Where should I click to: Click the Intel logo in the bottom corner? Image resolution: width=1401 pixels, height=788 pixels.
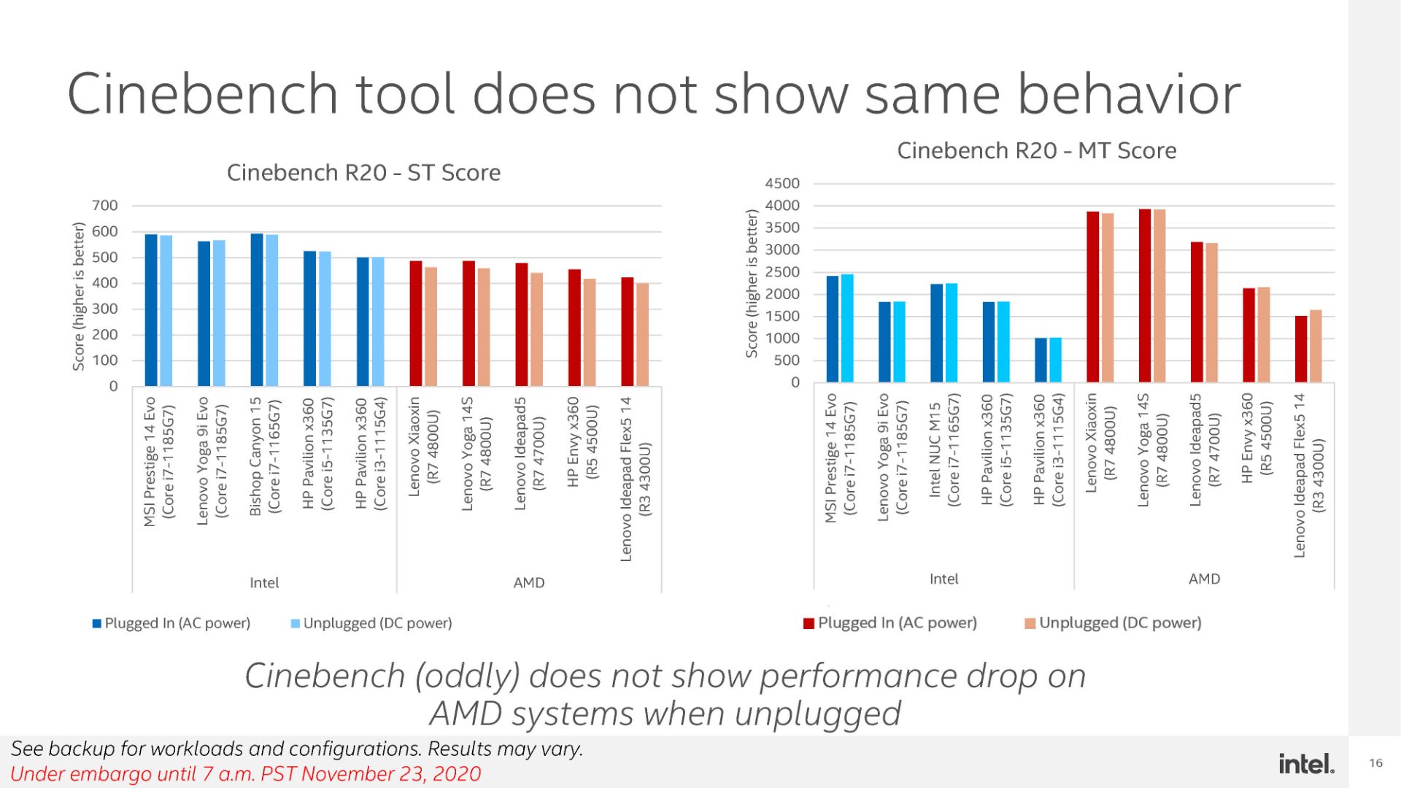tap(1305, 763)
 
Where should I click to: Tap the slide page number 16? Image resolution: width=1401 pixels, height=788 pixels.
tap(1375, 763)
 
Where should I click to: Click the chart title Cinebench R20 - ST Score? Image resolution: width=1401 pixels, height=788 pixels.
tap(363, 173)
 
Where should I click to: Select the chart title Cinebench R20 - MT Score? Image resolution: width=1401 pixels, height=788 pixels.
tap(1036, 151)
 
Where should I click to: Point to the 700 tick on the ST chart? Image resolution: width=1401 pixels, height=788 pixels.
tap(104, 206)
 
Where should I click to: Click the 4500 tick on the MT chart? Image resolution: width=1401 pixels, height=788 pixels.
tap(781, 184)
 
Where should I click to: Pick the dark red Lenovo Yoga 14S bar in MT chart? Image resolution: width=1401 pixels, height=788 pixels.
tap(1145, 295)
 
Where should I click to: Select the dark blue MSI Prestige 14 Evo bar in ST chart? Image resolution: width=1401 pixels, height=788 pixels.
tap(151, 310)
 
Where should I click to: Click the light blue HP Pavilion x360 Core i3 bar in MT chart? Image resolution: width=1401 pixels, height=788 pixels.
tap(1055, 360)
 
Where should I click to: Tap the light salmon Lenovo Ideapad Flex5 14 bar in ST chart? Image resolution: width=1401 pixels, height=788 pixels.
tap(642, 334)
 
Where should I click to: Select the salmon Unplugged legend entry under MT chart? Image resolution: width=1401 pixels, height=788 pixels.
tap(1113, 623)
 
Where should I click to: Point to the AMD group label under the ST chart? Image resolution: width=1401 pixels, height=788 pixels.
tap(528, 583)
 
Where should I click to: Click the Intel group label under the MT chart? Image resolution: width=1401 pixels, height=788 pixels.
tap(943, 579)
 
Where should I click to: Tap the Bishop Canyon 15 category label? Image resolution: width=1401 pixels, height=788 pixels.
tap(263, 456)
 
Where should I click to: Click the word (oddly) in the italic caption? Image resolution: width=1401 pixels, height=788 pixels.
tap(467, 676)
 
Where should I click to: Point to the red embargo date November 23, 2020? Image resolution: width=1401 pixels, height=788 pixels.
tap(390, 774)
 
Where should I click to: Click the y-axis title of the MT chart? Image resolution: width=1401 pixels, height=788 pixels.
tap(751, 283)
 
